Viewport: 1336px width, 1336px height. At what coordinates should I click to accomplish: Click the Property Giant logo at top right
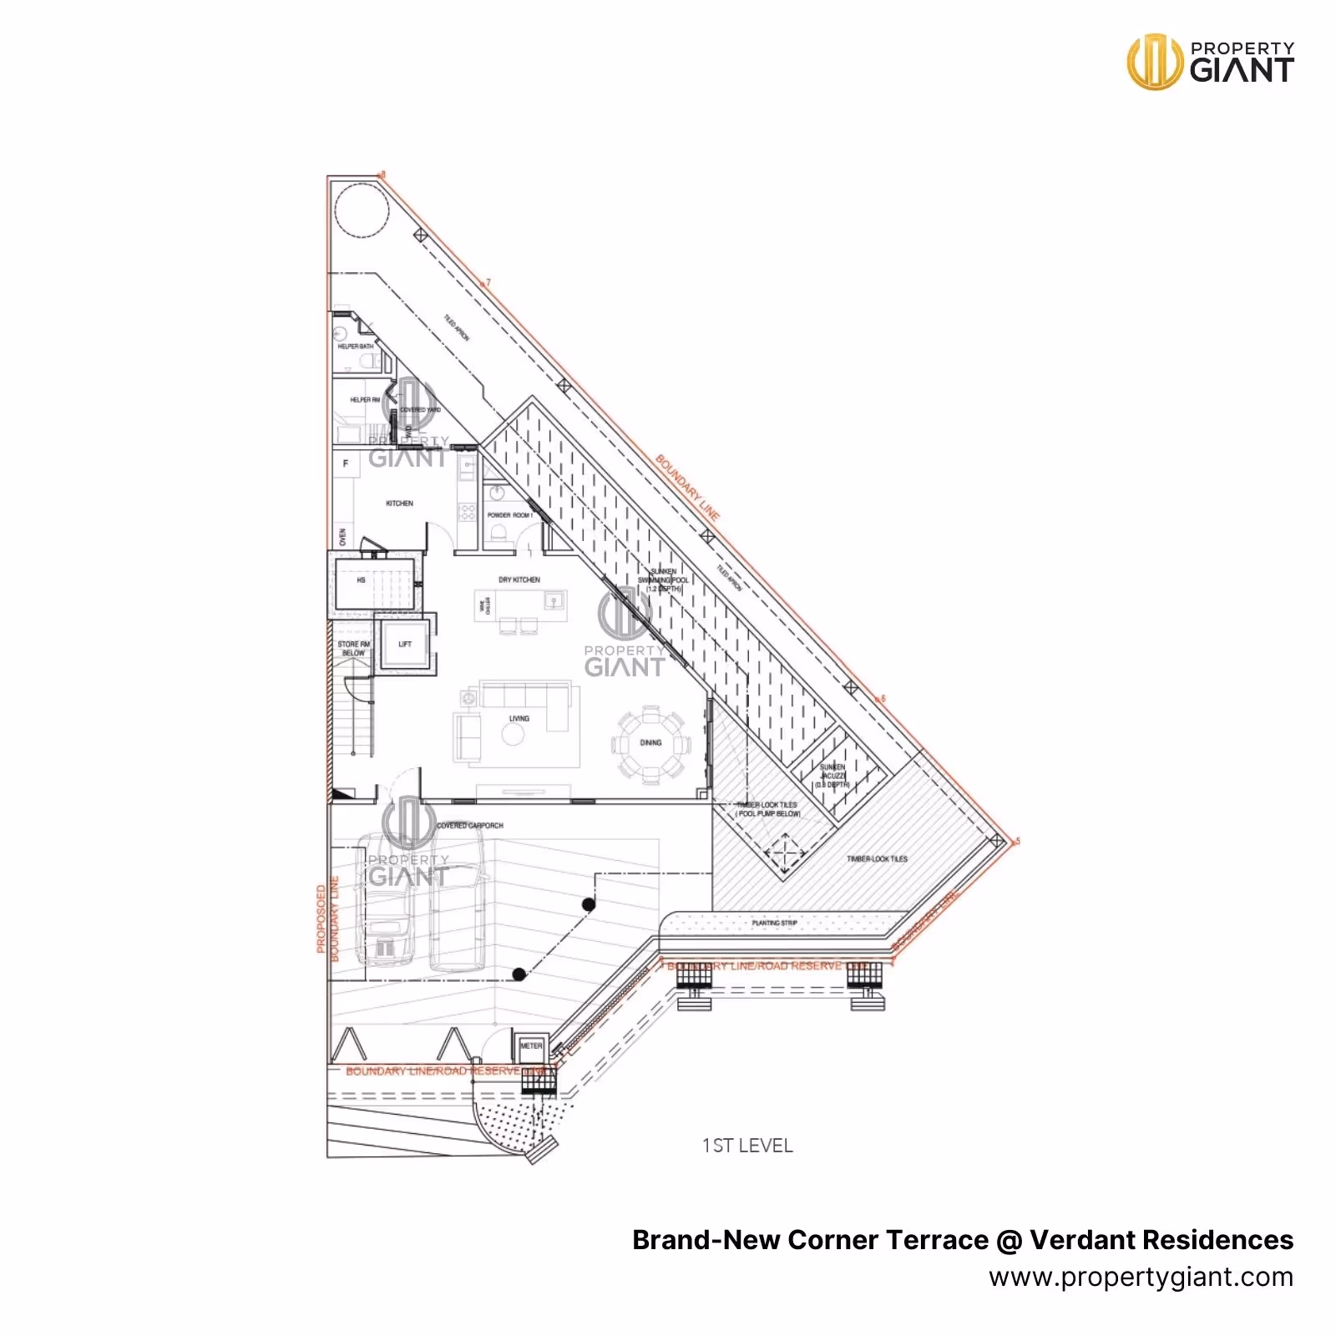(1210, 61)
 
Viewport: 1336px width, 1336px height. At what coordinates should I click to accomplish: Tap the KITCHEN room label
(399, 504)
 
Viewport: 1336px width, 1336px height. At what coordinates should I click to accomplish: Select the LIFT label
(405, 644)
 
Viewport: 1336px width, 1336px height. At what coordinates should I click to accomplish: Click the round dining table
(651, 742)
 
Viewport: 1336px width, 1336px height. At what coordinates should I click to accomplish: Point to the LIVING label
(519, 718)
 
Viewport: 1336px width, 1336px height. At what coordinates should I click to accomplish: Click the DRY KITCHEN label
(519, 579)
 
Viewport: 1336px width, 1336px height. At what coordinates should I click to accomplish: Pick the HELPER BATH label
(355, 347)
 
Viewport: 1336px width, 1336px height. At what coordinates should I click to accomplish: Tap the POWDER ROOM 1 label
(509, 515)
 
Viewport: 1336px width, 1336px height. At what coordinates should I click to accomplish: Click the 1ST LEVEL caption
(747, 1146)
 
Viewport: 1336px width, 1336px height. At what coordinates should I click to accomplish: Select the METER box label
(531, 1045)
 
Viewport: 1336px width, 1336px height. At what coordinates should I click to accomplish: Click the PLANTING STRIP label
(774, 923)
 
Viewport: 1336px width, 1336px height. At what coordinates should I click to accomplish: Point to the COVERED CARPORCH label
(470, 825)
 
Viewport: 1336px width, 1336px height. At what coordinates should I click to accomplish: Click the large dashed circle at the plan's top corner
(362, 209)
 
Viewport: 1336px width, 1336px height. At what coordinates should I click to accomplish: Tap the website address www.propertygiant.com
(1141, 1277)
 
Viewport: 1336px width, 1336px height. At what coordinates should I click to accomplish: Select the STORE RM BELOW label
(353, 649)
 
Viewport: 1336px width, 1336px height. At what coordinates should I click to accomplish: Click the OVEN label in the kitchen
(342, 537)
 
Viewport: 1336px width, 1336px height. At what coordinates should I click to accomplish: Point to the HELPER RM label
(364, 400)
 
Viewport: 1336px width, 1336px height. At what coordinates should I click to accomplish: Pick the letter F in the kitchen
(346, 463)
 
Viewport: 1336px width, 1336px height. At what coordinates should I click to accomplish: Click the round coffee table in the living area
(513, 735)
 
